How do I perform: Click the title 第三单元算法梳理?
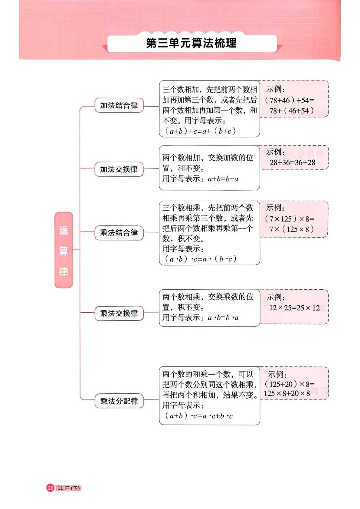click(x=191, y=43)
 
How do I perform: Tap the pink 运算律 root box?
click(x=64, y=250)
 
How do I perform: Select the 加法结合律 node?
click(x=119, y=105)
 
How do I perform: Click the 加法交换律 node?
click(x=119, y=169)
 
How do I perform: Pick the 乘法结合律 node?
click(x=119, y=232)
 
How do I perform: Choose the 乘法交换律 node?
click(x=119, y=313)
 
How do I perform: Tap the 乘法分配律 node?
click(x=119, y=401)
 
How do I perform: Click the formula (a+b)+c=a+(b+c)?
click(x=200, y=131)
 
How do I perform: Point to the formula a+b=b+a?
click(x=223, y=179)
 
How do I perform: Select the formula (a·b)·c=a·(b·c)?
click(x=200, y=259)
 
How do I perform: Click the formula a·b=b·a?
click(x=223, y=318)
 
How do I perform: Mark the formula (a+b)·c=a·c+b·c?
click(x=199, y=416)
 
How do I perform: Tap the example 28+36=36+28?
click(x=292, y=163)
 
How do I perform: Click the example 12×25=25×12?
click(x=294, y=308)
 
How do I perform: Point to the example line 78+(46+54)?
click(x=292, y=111)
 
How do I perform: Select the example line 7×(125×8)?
click(x=292, y=229)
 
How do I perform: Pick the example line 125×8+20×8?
click(x=287, y=393)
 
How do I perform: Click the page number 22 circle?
click(x=50, y=488)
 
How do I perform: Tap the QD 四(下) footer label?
click(x=69, y=488)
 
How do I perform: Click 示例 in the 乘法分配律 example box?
click(x=277, y=374)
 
